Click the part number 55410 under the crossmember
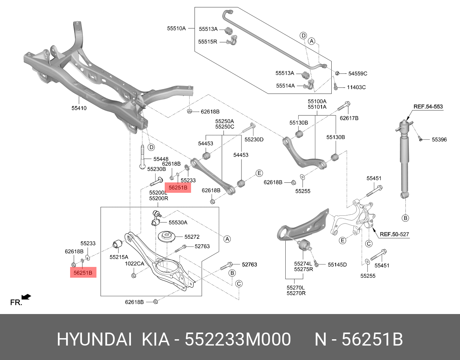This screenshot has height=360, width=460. pyautogui.click(x=79, y=108)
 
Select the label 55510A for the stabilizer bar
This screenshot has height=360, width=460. pyautogui.click(x=176, y=28)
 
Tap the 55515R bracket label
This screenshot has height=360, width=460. pyautogui.click(x=207, y=42)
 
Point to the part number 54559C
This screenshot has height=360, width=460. pyautogui.click(x=357, y=73)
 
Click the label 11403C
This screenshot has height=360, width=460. pyautogui.click(x=356, y=87)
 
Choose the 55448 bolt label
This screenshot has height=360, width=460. pyautogui.click(x=161, y=159)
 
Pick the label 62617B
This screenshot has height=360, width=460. pyautogui.click(x=349, y=118)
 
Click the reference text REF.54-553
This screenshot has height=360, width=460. pyautogui.click(x=428, y=107)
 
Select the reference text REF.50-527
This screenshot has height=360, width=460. pyautogui.click(x=394, y=234)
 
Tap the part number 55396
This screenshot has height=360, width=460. pyautogui.click(x=439, y=140)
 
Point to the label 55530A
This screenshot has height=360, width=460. pyautogui.click(x=178, y=222)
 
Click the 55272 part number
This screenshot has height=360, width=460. pyautogui.click(x=192, y=237)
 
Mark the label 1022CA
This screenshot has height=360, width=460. pyautogui.click(x=134, y=264)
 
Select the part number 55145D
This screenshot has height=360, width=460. pyautogui.click(x=337, y=265)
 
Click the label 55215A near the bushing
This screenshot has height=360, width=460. pyautogui.click(x=119, y=257)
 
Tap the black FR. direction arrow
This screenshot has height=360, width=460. pyautogui.click(x=26, y=297)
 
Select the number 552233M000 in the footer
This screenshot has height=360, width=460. pyautogui.click(x=238, y=340)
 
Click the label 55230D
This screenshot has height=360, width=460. pyautogui.click(x=254, y=139)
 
